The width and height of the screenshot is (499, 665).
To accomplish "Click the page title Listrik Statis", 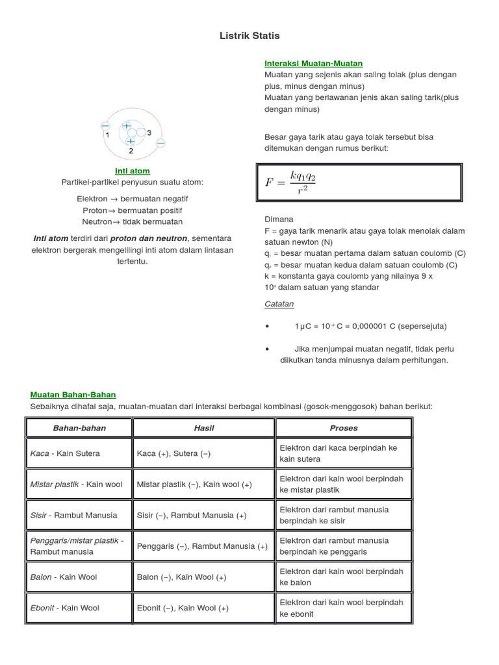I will coord(249,35).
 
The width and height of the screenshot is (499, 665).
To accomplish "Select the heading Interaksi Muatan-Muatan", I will coord(313,63).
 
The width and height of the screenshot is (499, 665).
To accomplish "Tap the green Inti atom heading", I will coord(132,171).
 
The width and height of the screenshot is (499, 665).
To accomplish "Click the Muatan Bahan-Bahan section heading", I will coord(73,394).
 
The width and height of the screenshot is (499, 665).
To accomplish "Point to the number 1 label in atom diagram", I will coord(107,135).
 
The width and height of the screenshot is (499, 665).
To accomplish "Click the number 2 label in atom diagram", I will coord(131,151).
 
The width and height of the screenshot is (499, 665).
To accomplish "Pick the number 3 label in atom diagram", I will coord(149,132).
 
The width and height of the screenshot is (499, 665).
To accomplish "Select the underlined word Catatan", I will coord(279,303).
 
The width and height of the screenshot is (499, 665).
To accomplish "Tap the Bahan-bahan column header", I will coord(79,428).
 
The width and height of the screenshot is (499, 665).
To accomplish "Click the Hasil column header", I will coord(203,428).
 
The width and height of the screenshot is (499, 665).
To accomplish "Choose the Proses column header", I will coord(343,428).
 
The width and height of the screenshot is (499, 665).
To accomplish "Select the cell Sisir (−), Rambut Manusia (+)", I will coord(192,515).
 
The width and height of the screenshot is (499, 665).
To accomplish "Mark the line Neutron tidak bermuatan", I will coord(132,222).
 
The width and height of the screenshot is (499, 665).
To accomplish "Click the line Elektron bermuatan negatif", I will coord(132,199).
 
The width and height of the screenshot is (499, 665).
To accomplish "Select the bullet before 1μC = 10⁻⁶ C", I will coord(267,326).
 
